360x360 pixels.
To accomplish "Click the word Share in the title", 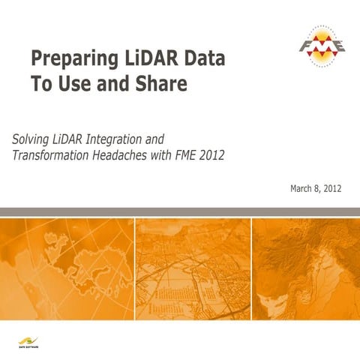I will [160, 85].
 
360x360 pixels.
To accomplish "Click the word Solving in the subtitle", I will [32, 139].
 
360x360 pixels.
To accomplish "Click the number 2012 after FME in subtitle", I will [210, 155].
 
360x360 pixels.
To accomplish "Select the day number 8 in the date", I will [319, 188].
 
